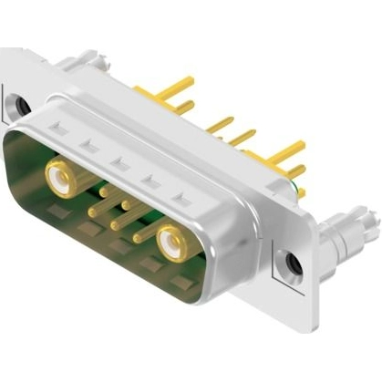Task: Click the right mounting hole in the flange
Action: (294, 265)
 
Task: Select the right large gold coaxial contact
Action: (170, 243)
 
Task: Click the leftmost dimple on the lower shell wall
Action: (57, 213)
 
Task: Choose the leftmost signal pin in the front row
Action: (94, 212)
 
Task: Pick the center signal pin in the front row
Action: (116, 224)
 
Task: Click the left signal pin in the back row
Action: (105, 192)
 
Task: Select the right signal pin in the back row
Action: (127, 204)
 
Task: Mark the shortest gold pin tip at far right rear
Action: (300, 191)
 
